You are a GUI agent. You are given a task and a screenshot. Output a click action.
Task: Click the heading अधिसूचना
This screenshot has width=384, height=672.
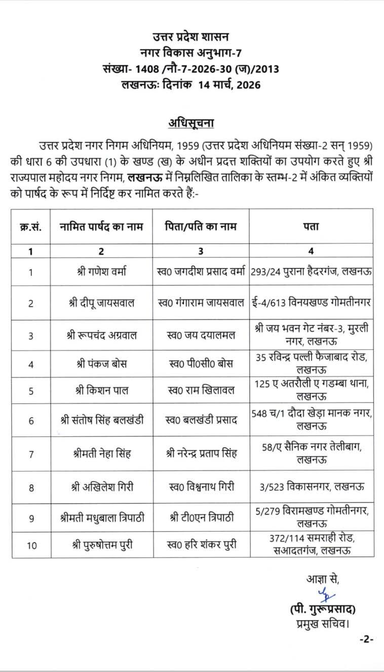[191, 124]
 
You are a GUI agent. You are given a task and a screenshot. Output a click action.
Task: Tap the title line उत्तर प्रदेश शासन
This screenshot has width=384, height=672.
[191, 36]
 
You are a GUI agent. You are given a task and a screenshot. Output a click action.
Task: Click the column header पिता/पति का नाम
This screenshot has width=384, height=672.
[201, 227]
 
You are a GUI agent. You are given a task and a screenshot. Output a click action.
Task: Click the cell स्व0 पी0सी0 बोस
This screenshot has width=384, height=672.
[201, 364]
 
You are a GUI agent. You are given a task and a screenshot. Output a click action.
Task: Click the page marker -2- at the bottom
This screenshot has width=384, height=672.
[366, 639]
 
